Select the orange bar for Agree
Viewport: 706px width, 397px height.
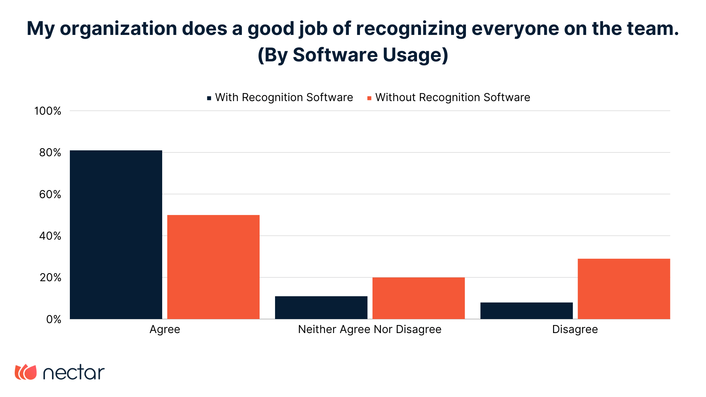coord(213,267)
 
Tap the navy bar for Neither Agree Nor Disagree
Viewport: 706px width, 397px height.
coord(321,307)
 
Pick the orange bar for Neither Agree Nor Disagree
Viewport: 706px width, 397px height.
coord(418,298)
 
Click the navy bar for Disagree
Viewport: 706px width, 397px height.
coord(526,311)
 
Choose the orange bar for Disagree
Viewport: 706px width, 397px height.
coord(624,289)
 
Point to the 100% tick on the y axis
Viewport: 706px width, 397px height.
coord(48,111)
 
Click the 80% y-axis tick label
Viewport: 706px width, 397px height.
coord(50,153)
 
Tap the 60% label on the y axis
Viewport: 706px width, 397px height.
coord(50,194)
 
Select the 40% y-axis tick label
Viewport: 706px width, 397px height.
coord(50,236)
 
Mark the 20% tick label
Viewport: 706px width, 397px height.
coord(50,278)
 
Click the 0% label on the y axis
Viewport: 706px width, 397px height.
coord(54,319)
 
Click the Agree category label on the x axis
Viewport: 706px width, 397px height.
coord(165,329)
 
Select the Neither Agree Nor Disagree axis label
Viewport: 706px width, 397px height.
coord(370,329)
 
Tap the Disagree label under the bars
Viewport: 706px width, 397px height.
coord(575,329)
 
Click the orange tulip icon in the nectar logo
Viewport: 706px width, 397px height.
coord(26,372)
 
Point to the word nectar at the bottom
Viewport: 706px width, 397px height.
coord(74,373)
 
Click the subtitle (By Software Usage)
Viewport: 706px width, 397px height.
coord(353,55)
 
